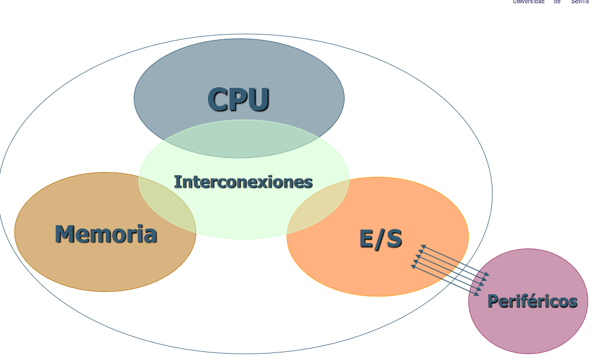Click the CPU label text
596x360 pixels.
tap(238, 99)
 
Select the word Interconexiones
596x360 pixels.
tap(243, 182)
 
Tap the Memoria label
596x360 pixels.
tap(106, 234)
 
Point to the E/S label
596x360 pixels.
tap(381, 238)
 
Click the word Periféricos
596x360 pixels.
tap(532, 301)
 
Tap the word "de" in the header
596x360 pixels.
tap(557, 2)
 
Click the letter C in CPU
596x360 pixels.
tap(219, 99)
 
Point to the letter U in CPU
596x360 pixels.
tap(257, 99)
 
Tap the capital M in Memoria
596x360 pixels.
tap(65, 234)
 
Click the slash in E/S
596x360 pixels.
tap(380, 238)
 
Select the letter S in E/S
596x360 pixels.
tap(394, 238)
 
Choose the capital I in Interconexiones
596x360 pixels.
tap(177, 182)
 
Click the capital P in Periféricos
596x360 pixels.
tap(492, 301)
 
